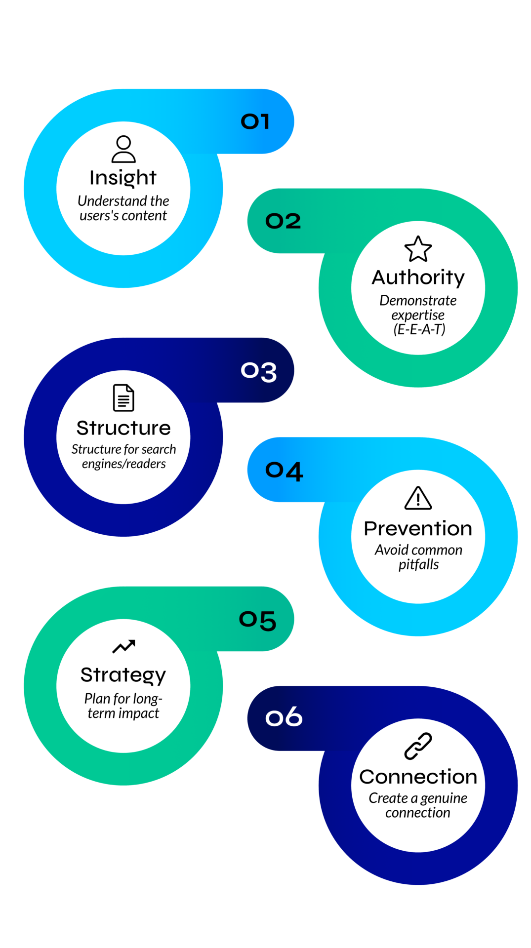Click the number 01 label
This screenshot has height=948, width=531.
255,121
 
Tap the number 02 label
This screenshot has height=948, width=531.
283,221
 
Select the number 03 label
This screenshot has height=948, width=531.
258,371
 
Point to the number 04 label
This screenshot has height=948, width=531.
284,471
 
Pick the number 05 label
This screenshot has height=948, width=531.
257,620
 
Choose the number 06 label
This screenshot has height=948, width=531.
284,716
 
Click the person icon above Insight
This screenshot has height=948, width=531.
123,149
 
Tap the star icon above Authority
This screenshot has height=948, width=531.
418,249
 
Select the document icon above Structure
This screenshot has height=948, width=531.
123,397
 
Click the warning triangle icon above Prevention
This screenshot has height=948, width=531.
418,498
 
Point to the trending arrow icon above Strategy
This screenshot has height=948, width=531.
123,646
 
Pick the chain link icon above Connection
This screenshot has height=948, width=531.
418,746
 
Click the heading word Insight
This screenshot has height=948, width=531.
123,178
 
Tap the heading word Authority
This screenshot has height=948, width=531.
418,278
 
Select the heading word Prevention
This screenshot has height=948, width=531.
418,528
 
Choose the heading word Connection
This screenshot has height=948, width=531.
418,777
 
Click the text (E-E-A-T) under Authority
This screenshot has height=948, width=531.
419,329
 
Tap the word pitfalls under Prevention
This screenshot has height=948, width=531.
418,565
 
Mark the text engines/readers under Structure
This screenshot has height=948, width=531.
123,464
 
